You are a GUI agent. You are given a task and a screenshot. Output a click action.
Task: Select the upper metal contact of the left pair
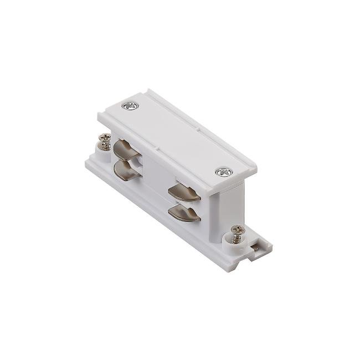point(126,148)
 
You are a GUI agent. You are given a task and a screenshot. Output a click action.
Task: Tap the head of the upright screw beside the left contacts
point(104,137)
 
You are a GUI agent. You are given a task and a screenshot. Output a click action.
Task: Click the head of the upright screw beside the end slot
point(238,229)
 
